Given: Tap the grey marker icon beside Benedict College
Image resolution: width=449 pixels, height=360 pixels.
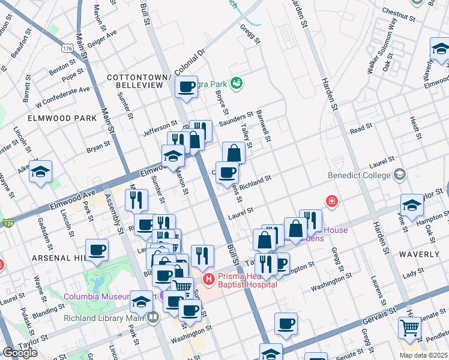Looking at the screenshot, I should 399,175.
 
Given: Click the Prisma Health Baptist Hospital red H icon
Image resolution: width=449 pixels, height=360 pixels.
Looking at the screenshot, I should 208,279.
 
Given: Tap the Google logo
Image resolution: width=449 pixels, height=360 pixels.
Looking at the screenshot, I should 20,353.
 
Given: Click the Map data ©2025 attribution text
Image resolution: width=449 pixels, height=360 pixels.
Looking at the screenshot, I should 423,355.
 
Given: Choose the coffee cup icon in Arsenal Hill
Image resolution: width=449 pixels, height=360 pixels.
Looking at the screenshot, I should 97,250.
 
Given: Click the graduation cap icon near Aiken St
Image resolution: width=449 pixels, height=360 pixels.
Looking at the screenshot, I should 40,172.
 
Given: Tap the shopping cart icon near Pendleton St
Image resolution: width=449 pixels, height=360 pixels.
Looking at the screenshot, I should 410,328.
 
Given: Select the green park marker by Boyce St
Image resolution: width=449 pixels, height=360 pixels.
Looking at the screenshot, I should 237,82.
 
